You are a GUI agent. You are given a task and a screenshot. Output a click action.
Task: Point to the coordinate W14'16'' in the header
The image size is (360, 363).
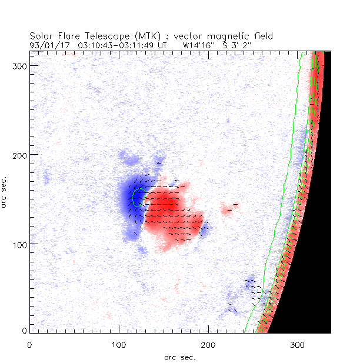pos(199,44)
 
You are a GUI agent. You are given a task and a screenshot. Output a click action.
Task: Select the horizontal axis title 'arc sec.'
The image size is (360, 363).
pos(180,357)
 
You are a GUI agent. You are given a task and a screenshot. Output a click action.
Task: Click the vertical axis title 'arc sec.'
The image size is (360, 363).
pos(6,191)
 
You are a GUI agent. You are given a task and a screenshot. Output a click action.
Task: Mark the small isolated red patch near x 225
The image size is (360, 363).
pos(228,208)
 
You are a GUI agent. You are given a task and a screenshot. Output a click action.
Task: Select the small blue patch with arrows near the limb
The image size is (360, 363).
pos(252,285)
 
